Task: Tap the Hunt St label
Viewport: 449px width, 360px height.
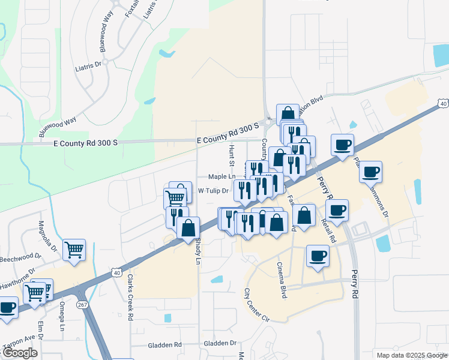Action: tap(231, 154)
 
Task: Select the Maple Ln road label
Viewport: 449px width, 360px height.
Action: tap(221, 177)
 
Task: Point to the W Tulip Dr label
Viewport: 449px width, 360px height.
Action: tap(214, 191)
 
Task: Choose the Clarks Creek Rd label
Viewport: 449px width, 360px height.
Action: tap(129, 298)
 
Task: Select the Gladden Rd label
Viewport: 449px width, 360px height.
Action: tap(165, 345)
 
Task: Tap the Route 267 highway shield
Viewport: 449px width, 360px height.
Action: tap(82, 305)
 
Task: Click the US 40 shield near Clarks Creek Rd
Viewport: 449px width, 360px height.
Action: tap(116, 272)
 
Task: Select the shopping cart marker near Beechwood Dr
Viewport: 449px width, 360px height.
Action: tap(74, 248)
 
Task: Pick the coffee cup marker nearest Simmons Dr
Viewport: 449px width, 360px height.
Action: tap(370, 172)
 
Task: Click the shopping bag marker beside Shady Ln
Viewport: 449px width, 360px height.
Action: tap(188, 227)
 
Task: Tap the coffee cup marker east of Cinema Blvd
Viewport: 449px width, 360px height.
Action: tap(318, 256)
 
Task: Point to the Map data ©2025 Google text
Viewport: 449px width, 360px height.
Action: tap(412, 355)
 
